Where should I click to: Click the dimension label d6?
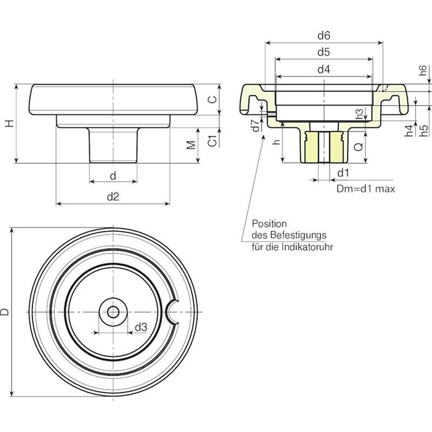[323, 35]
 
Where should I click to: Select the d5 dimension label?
[323, 52]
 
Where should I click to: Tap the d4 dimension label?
[323, 70]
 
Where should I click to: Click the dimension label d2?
[113, 196]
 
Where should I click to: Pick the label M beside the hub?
[192, 145]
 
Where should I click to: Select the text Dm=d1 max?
[365, 189]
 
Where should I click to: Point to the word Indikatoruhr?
[309, 246]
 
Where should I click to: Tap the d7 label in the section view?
[255, 125]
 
